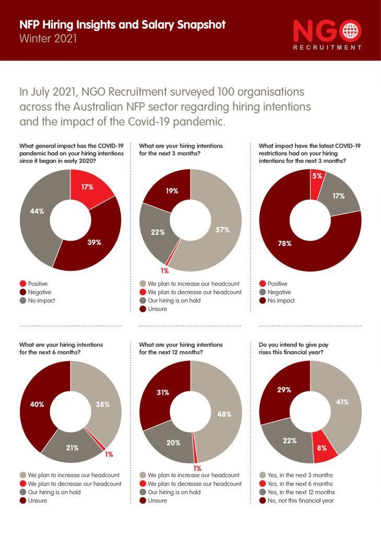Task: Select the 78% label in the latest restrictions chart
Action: point(284,243)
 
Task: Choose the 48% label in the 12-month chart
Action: point(225,414)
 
